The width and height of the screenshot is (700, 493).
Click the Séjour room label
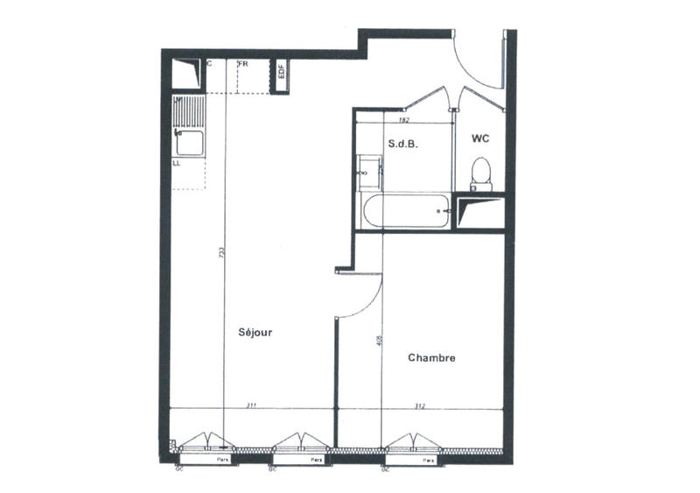[x=256, y=333]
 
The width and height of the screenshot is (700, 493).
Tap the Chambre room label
[x=431, y=357]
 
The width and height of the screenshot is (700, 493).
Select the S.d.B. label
[x=402, y=146]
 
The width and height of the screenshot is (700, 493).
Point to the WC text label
[x=480, y=138]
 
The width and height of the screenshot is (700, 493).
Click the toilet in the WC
[x=480, y=173]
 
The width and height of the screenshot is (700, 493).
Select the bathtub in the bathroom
[x=407, y=211]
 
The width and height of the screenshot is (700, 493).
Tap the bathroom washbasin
[x=369, y=173]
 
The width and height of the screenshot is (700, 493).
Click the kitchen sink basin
[x=190, y=143]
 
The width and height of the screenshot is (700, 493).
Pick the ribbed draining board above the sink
[x=189, y=111]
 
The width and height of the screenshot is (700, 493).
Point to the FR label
[x=243, y=64]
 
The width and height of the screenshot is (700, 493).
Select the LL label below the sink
[x=177, y=163]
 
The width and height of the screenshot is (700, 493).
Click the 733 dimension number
[x=222, y=253]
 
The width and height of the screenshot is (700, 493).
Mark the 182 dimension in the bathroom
[x=403, y=120]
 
